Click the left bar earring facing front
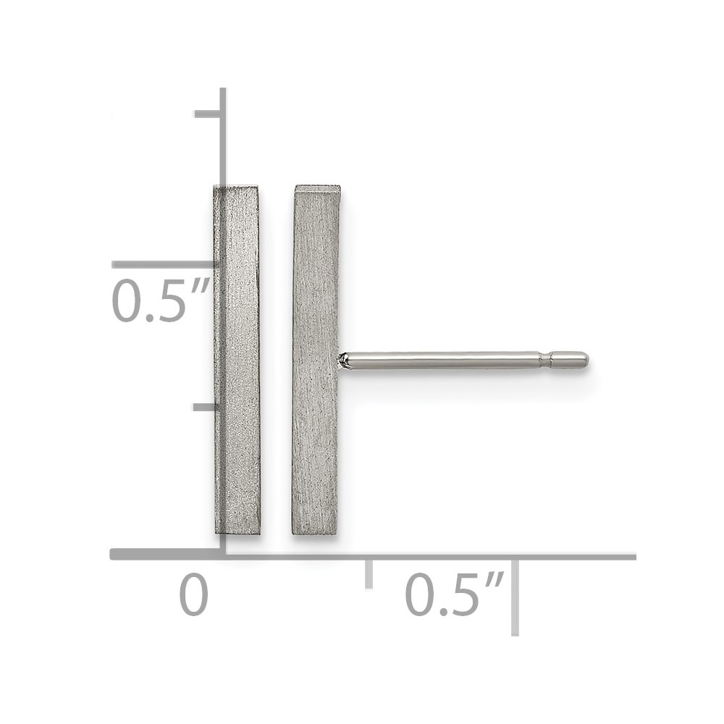click(237, 360)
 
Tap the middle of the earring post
click(463, 361)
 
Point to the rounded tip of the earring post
click(584, 360)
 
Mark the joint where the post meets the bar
click(342, 361)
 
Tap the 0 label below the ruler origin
click(193, 594)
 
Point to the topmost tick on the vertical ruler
click(207, 114)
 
